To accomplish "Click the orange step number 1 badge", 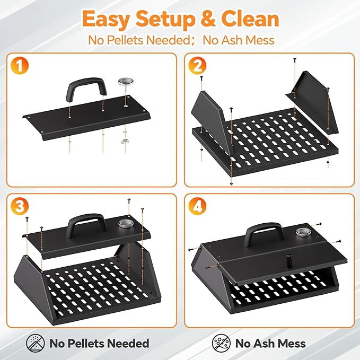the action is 20,65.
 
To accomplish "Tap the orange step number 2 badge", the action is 197,65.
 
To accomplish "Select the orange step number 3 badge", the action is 20,206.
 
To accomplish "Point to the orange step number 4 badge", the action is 197,206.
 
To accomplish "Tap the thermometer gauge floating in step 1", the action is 126,83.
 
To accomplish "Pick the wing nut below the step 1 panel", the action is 125,141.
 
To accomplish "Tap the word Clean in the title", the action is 250,19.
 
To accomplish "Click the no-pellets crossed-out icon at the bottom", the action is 36,343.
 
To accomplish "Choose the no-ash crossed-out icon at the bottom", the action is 221,343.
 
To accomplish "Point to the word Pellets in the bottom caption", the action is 86,344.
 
